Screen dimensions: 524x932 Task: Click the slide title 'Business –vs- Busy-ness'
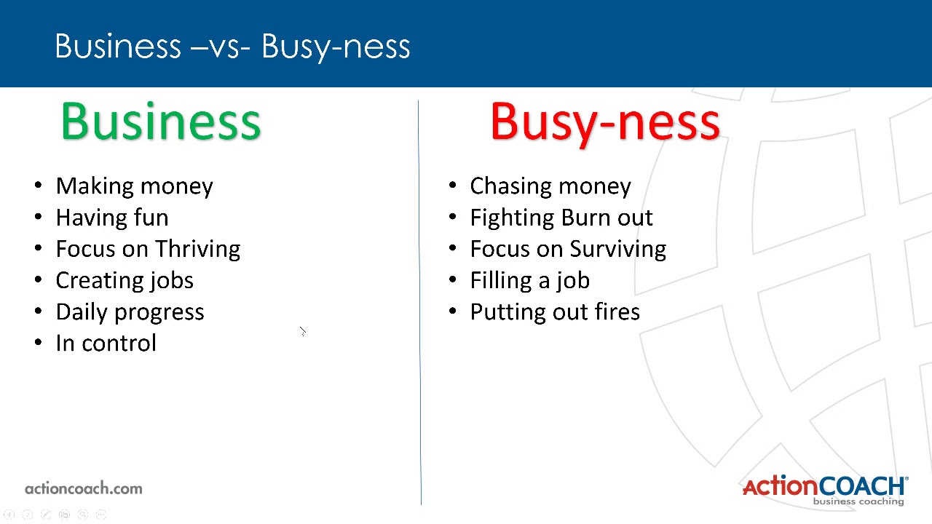click(x=232, y=46)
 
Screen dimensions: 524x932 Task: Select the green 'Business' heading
click(x=161, y=122)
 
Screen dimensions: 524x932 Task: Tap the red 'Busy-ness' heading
click(x=605, y=122)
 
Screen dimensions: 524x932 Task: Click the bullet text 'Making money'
click(x=134, y=186)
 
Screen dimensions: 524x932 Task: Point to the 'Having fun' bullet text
click(x=111, y=218)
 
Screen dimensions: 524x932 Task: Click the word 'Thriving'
click(x=197, y=249)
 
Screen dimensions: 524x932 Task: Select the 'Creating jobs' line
click(x=125, y=281)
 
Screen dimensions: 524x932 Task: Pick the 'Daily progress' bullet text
click(x=130, y=312)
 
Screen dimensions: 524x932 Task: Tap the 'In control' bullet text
click(x=106, y=344)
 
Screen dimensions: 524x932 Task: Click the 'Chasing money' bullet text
click(x=550, y=186)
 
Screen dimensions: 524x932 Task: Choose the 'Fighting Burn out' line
click(x=561, y=218)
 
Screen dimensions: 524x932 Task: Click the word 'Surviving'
click(x=618, y=249)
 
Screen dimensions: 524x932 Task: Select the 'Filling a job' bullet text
click(x=529, y=281)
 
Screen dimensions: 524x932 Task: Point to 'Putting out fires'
click(x=555, y=312)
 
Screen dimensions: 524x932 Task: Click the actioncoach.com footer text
click(x=84, y=488)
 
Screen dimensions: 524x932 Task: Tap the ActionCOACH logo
click(x=824, y=485)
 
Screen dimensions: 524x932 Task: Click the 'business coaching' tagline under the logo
click(x=858, y=501)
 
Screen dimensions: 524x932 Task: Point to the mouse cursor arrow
click(x=302, y=332)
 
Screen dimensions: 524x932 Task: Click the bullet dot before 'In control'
click(x=38, y=344)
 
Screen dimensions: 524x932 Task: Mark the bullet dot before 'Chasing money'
click(x=452, y=186)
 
